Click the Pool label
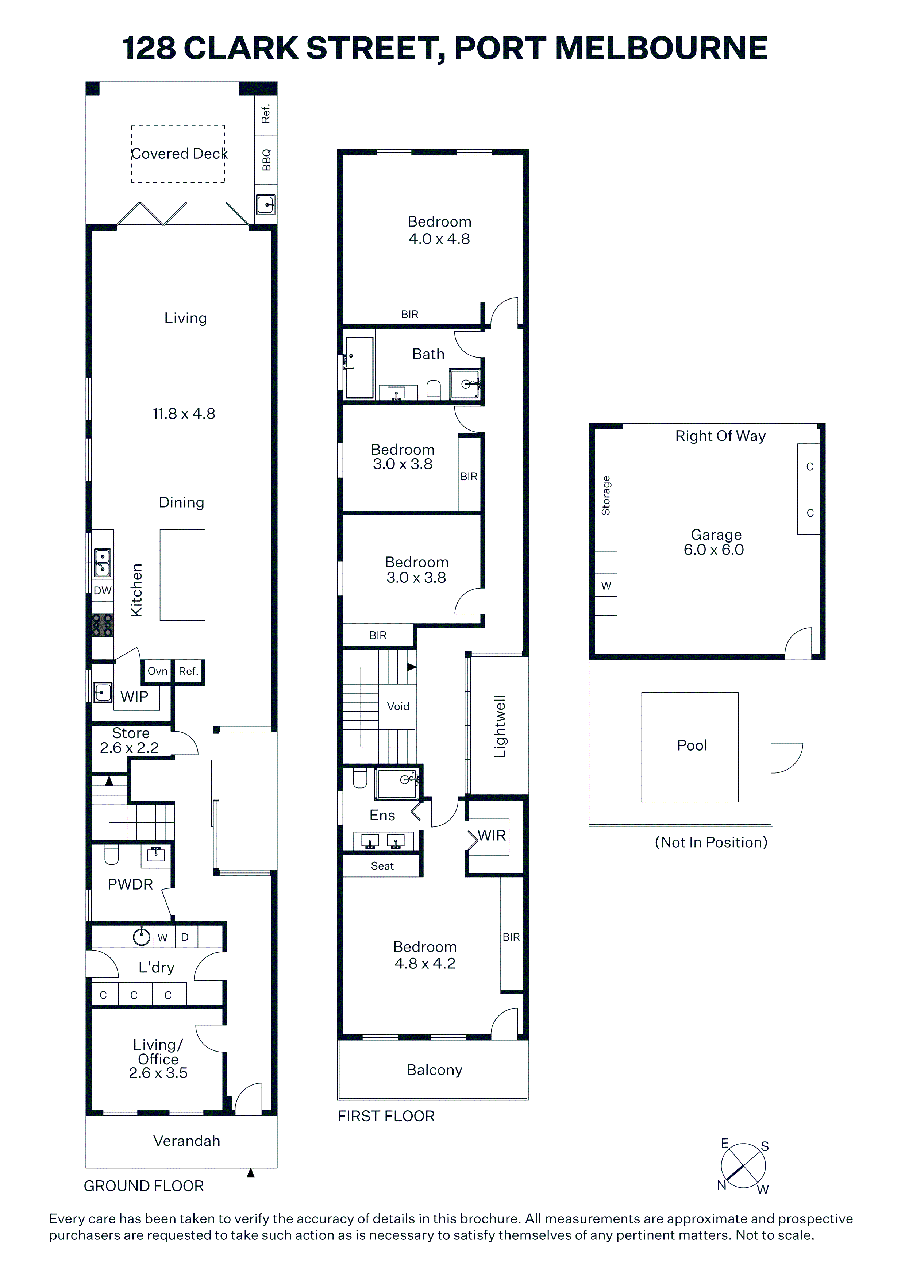(692, 745)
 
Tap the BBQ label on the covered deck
(266, 160)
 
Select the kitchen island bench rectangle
(182, 575)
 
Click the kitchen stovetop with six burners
(103, 625)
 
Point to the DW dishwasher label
(103, 590)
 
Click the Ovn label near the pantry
(158, 671)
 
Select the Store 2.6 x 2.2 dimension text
(130, 748)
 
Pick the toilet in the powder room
(112, 855)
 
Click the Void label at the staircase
(398, 706)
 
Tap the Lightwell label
(500, 726)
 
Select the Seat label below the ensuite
(382, 866)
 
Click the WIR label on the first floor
(492, 835)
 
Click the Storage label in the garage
(605, 495)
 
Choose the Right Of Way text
(720, 436)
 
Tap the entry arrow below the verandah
(251, 1173)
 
